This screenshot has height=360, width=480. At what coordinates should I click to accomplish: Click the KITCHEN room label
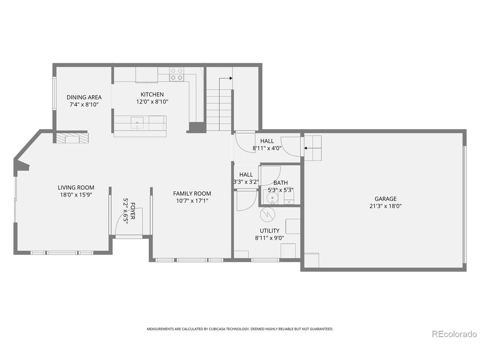[152, 94]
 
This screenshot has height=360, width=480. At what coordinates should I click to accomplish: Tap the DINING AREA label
[84, 97]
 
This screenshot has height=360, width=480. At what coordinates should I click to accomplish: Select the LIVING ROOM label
[76, 187]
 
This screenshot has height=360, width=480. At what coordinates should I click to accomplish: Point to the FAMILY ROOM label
[192, 193]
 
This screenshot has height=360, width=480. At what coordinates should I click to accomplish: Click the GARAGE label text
[385, 199]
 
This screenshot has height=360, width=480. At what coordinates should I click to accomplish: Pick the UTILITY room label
[269, 231]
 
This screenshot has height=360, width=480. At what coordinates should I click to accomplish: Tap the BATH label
[280, 183]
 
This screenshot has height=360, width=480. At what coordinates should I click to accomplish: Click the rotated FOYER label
[132, 211]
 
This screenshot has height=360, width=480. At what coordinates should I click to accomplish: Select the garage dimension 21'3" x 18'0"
[385, 206]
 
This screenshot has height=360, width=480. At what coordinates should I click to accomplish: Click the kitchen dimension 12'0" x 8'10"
[152, 102]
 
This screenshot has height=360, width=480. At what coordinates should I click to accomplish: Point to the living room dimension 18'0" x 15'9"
[76, 195]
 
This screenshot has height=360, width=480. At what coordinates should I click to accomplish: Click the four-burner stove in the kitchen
[177, 74]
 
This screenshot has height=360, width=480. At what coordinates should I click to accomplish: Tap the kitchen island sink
[137, 123]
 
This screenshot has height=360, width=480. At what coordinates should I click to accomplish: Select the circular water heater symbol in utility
[267, 214]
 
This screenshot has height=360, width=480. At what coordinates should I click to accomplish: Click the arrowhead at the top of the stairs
[231, 78]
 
